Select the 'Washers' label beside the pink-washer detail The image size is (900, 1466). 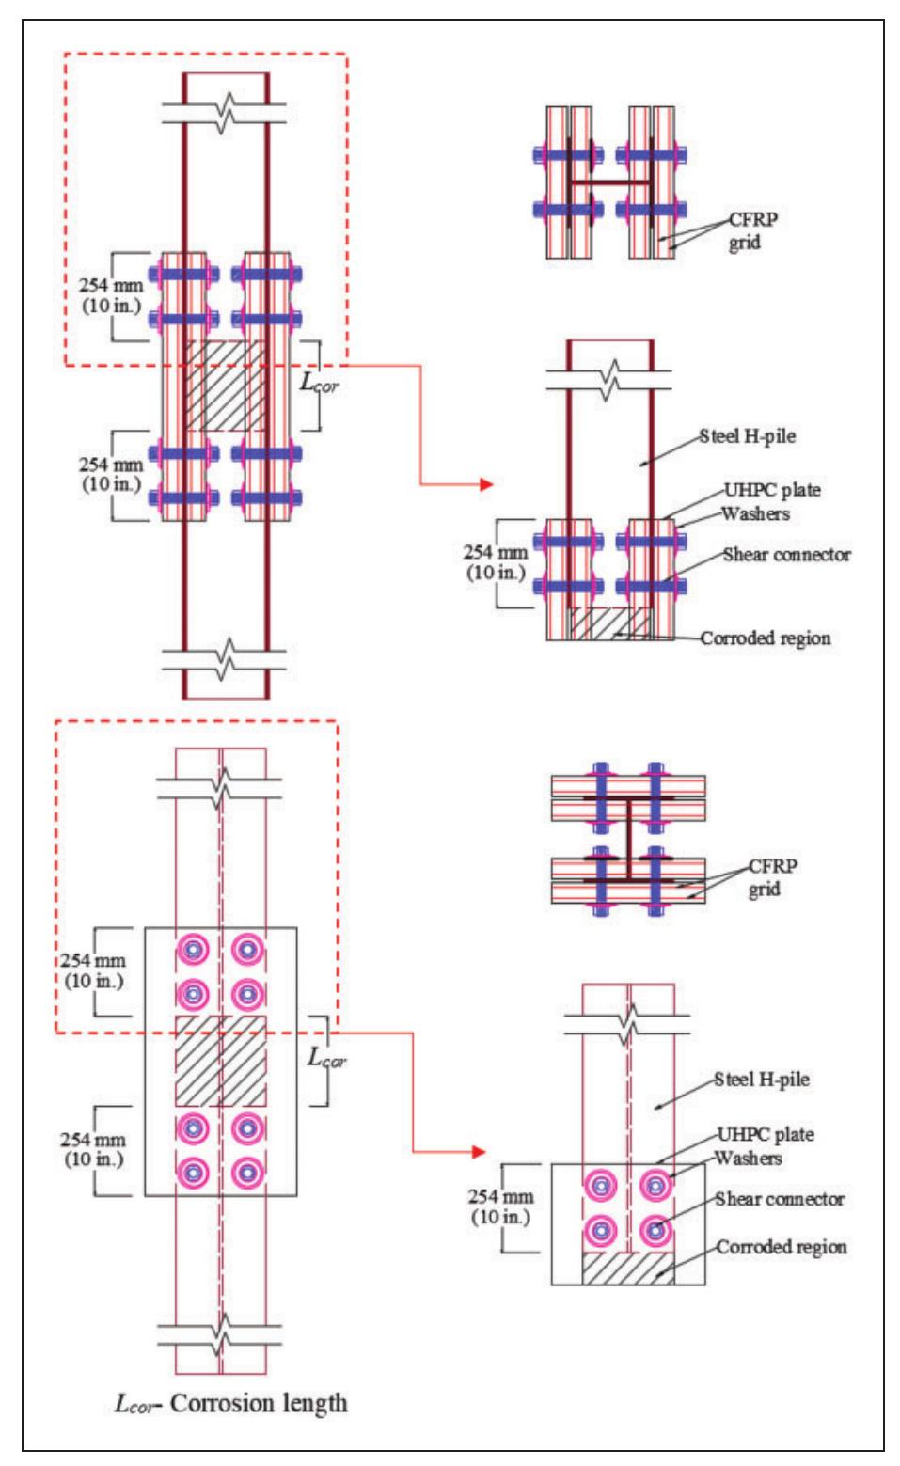[x=748, y=1159]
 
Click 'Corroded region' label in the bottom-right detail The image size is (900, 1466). [x=781, y=1247]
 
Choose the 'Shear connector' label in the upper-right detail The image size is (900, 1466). [x=786, y=554]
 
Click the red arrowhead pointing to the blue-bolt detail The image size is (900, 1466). [x=485, y=484]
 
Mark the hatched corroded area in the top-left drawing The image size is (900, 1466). [x=224, y=386]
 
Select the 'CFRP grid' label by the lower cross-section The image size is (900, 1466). [x=763, y=876]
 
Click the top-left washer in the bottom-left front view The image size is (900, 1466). [x=193, y=951]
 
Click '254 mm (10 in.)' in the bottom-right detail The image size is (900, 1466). [x=500, y=1207]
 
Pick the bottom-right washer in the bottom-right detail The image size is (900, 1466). [x=655, y=1230]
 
